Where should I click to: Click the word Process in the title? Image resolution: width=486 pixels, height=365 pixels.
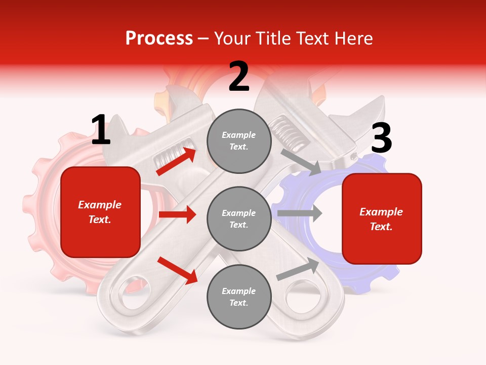159,39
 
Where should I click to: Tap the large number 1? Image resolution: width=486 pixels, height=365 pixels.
101,130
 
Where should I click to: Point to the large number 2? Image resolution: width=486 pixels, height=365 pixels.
239,77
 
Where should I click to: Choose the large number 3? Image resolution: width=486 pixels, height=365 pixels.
381,139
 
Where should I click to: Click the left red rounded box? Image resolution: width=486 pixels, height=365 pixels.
100,212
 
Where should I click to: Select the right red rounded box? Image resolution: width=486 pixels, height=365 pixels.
382,219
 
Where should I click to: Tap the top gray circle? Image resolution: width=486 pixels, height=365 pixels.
239,141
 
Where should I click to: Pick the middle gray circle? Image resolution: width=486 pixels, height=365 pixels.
239,218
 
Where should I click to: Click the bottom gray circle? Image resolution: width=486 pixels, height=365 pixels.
239,297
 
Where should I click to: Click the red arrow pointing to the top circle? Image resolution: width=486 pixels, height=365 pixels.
176,162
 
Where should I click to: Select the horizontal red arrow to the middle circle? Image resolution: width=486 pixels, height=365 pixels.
177,214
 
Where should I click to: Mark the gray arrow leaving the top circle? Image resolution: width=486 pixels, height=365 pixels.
301,162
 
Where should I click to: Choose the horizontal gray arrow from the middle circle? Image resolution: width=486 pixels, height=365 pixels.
300,213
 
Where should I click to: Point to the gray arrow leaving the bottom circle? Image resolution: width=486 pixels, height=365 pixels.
298,269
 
